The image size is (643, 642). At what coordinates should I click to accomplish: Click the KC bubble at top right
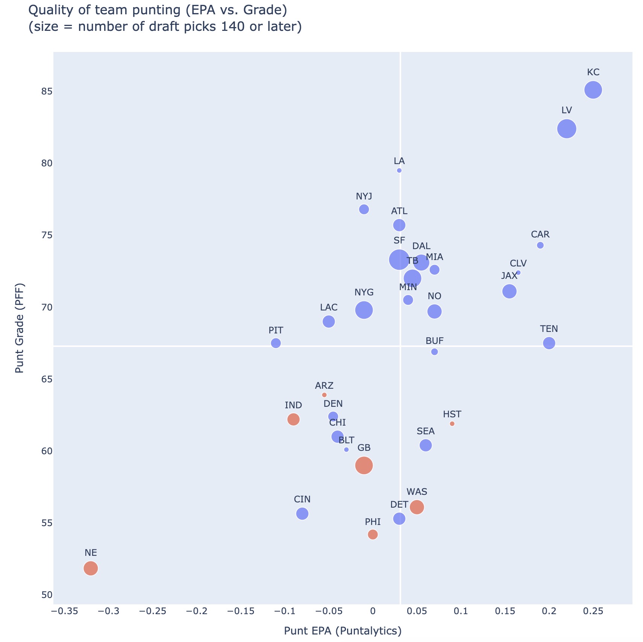[593, 90]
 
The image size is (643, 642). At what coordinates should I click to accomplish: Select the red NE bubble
[91, 568]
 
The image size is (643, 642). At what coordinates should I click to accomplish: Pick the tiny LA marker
[399, 170]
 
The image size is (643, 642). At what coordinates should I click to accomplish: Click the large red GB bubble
[364, 466]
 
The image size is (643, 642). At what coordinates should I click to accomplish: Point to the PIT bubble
[276, 343]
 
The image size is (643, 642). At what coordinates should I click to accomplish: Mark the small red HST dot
[452, 424]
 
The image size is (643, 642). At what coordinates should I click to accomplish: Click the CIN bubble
[302, 514]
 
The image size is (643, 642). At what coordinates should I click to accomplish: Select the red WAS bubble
[417, 507]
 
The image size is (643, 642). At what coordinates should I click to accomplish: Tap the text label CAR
[540, 235]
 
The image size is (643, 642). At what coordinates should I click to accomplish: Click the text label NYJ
[364, 196]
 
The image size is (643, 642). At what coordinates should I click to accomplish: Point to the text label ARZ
[324, 386]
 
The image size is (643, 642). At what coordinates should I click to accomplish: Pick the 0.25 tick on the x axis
[593, 611]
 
